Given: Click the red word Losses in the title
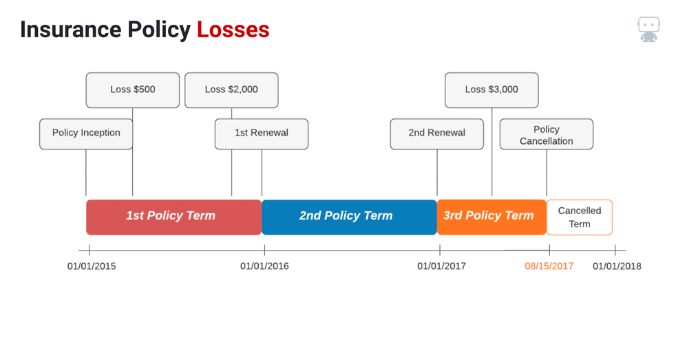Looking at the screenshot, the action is (x=233, y=30).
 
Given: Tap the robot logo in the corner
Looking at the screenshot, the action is (x=648, y=30).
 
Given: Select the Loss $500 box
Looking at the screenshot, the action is (x=133, y=90).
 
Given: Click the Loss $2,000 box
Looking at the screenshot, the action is (x=231, y=90).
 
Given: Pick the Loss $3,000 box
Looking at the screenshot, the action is (x=492, y=90).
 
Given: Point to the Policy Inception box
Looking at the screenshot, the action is (x=86, y=134).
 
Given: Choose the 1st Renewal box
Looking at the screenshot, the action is (x=262, y=134).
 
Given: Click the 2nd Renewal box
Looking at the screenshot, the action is (x=437, y=134).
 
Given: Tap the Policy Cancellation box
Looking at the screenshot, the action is (x=547, y=134).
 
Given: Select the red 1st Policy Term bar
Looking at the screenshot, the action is (x=174, y=218).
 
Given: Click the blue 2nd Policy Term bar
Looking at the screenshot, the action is (x=349, y=218).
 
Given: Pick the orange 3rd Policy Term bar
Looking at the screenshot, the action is (x=492, y=218).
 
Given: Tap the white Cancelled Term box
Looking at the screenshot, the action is (x=579, y=218).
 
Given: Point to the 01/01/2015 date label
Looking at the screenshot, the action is (x=92, y=266).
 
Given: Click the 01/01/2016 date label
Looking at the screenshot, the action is (x=264, y=266).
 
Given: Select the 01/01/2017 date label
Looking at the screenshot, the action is (x=442, y=266).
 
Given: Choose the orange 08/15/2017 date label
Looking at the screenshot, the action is (x=549, y=266).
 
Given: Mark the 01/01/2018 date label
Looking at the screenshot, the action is (x=617, y=266).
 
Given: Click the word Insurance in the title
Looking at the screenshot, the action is (x=71, y=30).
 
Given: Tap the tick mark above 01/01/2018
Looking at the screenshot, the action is (x=615, y=251).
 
